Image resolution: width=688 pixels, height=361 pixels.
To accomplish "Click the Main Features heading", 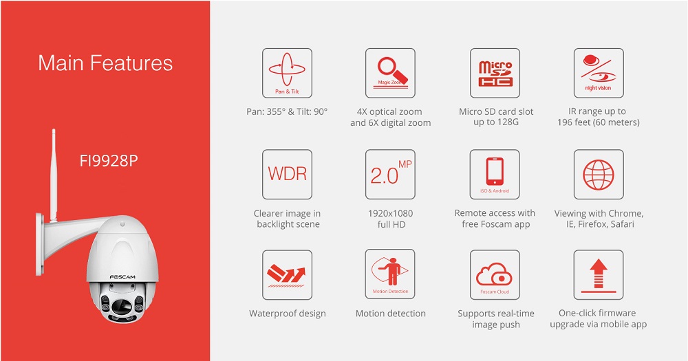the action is click(x=105, y=63).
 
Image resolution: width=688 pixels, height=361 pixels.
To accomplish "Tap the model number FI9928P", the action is click(x=109, y=161).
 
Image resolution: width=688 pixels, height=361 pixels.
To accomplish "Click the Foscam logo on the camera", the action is click(x=122, y=277).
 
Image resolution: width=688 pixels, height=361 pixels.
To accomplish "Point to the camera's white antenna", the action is click(x=54, y=175).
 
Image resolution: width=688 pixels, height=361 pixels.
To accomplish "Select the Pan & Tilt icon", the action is click(x=287, y=73).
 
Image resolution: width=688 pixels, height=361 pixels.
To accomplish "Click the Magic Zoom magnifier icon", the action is click(x=390, y=73).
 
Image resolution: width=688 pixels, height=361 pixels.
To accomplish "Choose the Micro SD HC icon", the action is click(x=495, y=73).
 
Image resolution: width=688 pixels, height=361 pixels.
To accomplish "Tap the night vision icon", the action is click(x=599, y=73).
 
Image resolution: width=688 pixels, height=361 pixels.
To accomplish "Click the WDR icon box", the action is click(x=287, y=174).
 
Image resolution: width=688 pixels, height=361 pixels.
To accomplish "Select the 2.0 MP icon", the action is click(x=390, y=174).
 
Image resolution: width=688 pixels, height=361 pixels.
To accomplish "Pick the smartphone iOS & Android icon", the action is click(x=495, y=174).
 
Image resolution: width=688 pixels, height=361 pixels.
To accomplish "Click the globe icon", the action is click(x=599, y=174).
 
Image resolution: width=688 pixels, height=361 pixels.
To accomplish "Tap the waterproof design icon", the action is click(x=287, y=274).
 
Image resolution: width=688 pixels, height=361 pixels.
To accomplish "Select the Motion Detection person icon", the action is click(x=389, y=274).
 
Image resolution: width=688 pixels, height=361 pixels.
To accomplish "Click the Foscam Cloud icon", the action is click(x=495, y=274).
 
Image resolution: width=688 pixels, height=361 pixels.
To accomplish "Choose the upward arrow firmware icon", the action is click(x=598, y=274).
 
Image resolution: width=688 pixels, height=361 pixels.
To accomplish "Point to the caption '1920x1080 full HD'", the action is click(x=391, y=219).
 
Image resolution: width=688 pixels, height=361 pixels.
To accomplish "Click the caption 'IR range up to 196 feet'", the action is click(x=599, y=117).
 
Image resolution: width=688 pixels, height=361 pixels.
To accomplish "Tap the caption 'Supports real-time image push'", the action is click(x=496, y=319).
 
